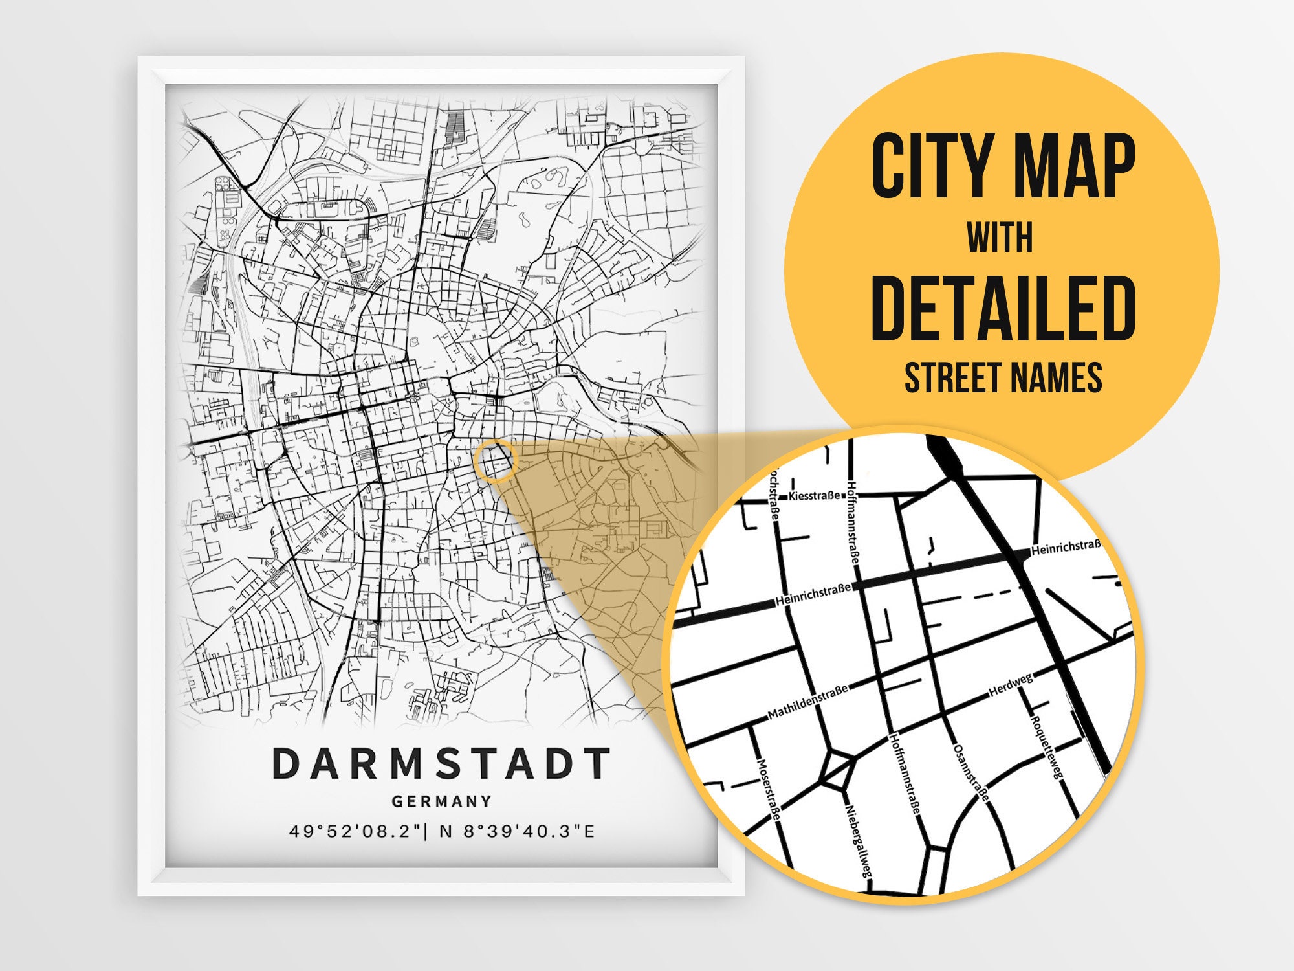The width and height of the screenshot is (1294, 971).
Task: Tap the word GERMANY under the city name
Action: tap(441, 801)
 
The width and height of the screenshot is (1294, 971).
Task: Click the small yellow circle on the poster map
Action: tap(496, 460)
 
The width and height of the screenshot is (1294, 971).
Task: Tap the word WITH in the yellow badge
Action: tap(1000, 238)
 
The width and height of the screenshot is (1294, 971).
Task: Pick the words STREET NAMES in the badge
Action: tap(1003, 377)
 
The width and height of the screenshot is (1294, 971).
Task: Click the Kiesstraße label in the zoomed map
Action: tap(814, 496)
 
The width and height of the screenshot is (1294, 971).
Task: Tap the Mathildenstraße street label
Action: tap(807, 703)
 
